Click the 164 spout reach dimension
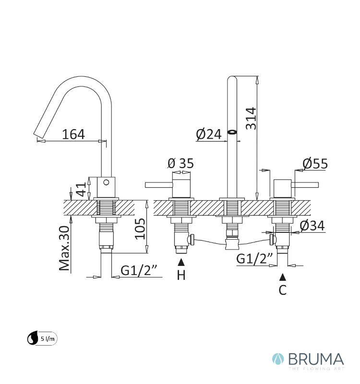pyautogui.click(x=73, y=134)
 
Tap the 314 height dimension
pyautogui.click(x=251, y=118)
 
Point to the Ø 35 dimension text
pyautogui.click(x=180, y=164)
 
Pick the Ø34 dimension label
pyautogui.click(x=312, y=225)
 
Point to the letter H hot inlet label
pyautogui.click(x=181, y=276)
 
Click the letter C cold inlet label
pyautogui.click(x=283, y=290)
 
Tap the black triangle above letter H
pyautogui.click(x=181, y=262)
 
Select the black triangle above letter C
pyautogui.click(x=283, y=276)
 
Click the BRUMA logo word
pyautogui.click(x=316, y=359)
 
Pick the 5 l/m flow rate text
pyautogui.click(x=48, y=338)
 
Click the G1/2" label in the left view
pyautogui.click(x=132, y=271)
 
